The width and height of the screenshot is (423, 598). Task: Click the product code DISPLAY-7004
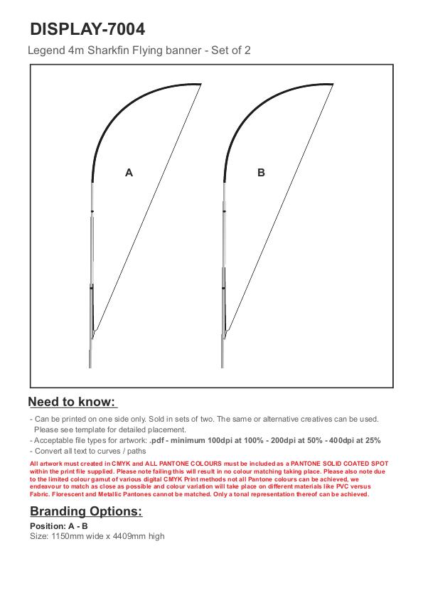click(87, 29)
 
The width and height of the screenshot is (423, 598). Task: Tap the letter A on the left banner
click(129, 173)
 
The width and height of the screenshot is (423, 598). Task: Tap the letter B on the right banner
click(261, 173)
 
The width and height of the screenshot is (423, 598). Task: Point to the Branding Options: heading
click(86, 511)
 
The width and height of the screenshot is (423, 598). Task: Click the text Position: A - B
click(59, 526)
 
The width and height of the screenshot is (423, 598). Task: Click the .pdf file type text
click(156, 440)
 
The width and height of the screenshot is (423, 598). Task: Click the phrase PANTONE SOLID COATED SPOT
click(340, 464)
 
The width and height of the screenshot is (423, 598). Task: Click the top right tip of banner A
click(201, 84)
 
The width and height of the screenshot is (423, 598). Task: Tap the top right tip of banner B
click(333, 84)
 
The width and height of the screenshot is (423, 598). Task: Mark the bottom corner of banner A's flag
click(94, 331)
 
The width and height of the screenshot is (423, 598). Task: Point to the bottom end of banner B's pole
click(223, 368)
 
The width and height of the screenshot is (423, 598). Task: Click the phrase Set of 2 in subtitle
click(231, 50)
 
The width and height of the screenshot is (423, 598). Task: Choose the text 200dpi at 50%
click(296, 440)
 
